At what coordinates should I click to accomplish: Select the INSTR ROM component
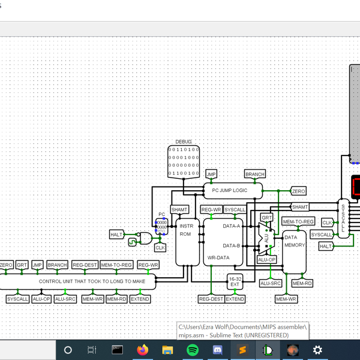coord(186,230)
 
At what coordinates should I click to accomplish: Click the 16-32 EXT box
coord(235,281)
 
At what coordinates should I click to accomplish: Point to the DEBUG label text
coord(184,142)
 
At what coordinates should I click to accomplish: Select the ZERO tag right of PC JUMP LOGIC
coord(298,191)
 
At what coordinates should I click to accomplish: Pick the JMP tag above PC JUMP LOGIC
coord(211,174)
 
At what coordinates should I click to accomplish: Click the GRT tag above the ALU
coord(267,217)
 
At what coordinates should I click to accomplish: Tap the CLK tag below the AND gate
coord(160,247)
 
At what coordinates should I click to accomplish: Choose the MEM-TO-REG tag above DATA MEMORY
coord(298,221)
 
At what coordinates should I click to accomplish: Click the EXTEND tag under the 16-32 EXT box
coord(235,299)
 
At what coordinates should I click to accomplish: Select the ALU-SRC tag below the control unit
coord(65,299)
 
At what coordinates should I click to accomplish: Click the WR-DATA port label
coord(218,258)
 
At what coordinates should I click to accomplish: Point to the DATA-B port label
coord(232,245)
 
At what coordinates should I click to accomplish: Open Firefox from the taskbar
coord(142,349)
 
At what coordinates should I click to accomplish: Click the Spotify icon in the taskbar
coord(193,349)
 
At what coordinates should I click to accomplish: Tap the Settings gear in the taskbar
coord(317,349)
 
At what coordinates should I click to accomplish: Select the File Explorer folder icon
coord(167,349)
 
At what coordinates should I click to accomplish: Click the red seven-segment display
coord(356,187)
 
